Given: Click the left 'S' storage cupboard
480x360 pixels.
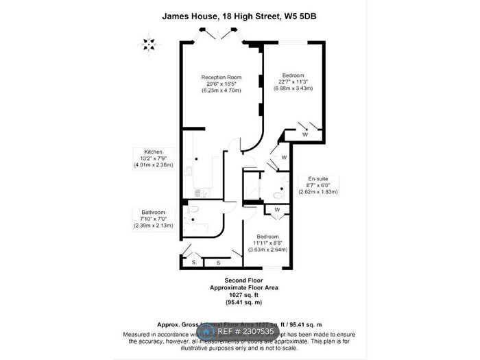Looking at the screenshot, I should tap(194, 263).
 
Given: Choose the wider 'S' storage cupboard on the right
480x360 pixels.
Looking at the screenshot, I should tap(218, 263).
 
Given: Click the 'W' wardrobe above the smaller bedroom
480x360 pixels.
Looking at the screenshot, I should tap(277, 209).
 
